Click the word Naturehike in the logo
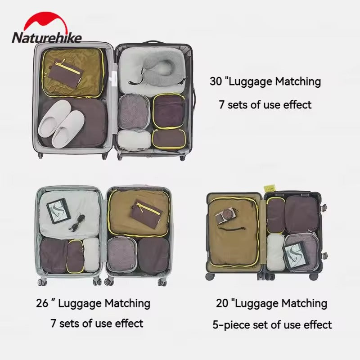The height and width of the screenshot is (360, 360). (47, 37)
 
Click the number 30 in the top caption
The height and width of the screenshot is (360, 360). (216, 82)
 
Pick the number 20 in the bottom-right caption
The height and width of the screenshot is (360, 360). (222, 304)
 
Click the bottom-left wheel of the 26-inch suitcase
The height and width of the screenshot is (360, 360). (42, 282)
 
